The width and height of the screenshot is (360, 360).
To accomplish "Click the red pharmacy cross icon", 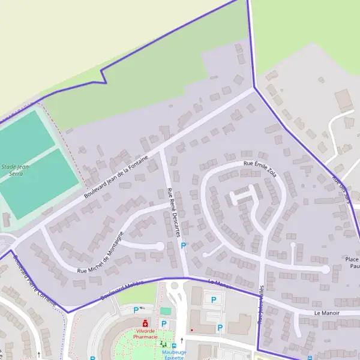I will click(145, 323).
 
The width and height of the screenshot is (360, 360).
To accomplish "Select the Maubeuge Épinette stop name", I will click(175, 355).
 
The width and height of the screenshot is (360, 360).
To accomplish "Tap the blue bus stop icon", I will click(173, 346).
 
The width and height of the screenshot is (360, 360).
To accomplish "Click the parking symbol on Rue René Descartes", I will click(184, 245).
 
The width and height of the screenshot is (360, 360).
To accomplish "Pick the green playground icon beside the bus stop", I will click(163, 345).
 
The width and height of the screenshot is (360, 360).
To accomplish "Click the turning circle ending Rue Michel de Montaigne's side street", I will click(160, 245).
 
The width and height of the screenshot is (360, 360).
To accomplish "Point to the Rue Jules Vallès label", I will click(261, 306).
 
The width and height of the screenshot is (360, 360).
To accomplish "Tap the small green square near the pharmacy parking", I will click(165, 311).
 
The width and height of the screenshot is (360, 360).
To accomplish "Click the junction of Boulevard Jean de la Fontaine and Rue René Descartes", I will click(163, 149).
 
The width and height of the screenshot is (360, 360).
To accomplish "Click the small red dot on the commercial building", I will click(191, 329).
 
